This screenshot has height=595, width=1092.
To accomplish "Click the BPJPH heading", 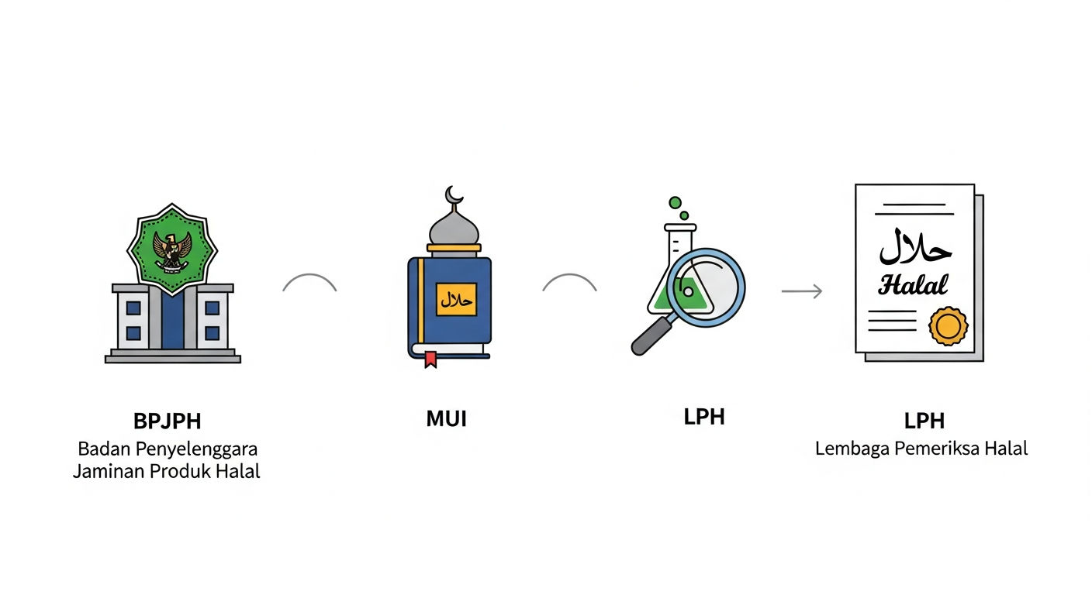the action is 168,421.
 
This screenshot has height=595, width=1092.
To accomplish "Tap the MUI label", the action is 447,418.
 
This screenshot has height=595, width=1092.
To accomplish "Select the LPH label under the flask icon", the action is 704,417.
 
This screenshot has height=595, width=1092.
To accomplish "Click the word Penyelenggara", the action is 196,449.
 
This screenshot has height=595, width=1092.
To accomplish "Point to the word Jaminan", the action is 109,471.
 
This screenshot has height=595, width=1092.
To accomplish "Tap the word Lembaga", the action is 852,449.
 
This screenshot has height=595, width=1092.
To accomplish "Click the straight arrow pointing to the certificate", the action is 802,291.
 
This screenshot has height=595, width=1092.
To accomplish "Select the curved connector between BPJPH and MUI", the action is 309,274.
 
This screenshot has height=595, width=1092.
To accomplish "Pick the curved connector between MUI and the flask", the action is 569,274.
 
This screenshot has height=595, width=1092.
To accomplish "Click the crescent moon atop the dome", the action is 454,195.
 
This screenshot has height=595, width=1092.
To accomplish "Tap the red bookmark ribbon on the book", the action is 430,359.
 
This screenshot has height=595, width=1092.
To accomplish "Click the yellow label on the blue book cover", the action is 456,300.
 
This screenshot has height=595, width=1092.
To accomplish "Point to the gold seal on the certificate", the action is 949,325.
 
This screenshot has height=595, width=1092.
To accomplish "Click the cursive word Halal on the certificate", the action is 913,285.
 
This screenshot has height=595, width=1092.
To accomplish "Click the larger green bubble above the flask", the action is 676,202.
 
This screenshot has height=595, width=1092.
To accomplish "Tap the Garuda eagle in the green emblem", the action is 172,251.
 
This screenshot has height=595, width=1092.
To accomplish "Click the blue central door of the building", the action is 173,319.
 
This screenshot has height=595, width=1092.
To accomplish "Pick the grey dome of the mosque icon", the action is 454,229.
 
